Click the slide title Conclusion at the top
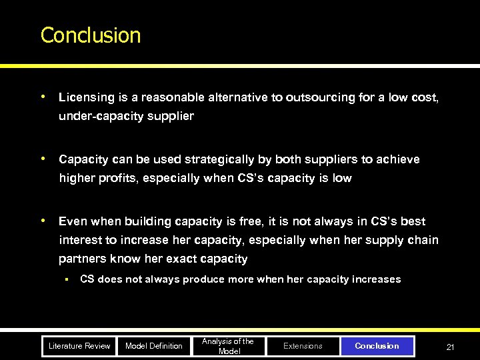pos(91,35)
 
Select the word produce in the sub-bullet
pos(203,279)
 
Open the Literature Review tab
pos(79,346)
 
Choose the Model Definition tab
pos(154,346)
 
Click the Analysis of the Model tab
pos(228,346)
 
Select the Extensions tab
pos(303,346)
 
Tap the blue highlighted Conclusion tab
pos(377,346)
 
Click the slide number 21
pos(450,347)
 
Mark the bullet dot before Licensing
pos(43,97)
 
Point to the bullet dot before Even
pos(43,221)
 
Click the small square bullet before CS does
pos(67,279)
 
